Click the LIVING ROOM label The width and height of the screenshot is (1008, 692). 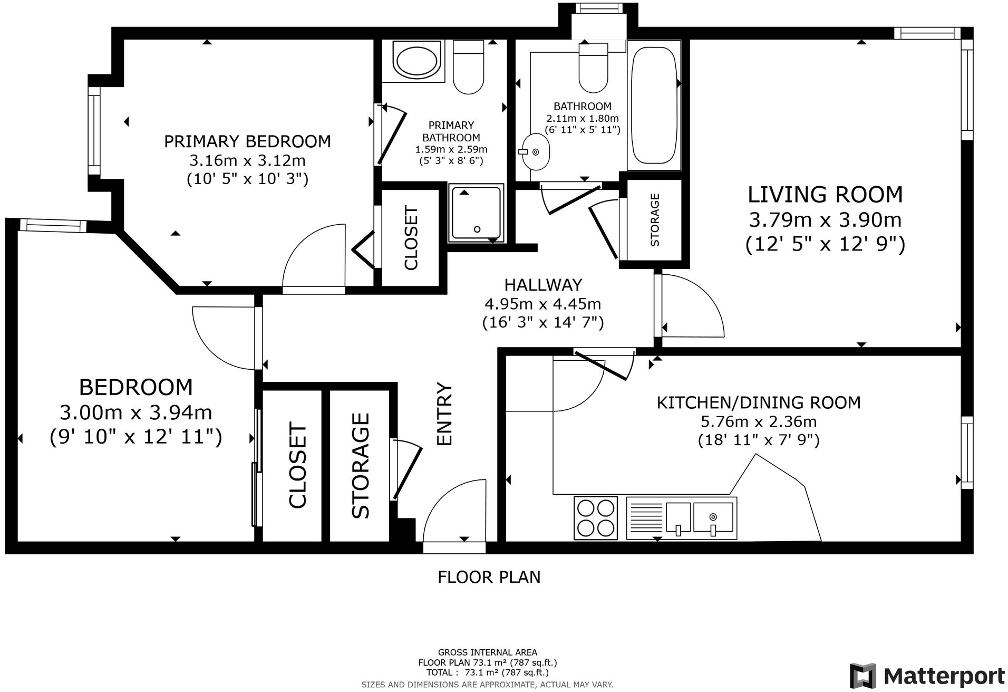point(825,195)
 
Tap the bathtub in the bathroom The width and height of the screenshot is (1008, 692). point(653,105)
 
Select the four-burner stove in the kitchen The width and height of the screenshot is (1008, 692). point(596,517)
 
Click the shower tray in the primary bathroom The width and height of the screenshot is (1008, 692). point(476,213)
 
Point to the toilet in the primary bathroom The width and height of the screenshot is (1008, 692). point(468,67)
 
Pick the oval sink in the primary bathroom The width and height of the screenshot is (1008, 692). point(417,62)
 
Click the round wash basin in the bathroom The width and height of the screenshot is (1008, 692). point(534,151)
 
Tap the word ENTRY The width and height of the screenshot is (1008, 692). point(445,414)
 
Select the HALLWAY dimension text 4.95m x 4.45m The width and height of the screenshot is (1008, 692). point(542,304)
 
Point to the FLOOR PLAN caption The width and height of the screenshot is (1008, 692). point(489,577)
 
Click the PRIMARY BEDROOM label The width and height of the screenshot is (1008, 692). point(247,141)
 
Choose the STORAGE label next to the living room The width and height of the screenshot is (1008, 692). point(655,220)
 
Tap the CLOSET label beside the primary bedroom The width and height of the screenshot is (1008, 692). point(410,238)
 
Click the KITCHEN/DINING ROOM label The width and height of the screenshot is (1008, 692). point(759,402)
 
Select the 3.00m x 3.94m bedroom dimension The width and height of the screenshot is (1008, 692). point(136,412)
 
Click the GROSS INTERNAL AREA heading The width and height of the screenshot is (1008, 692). point(488,652)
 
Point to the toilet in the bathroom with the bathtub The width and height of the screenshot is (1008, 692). point(593,67)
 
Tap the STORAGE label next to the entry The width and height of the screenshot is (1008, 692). point(361,466)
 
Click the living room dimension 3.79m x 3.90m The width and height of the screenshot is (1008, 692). point(825,219)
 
